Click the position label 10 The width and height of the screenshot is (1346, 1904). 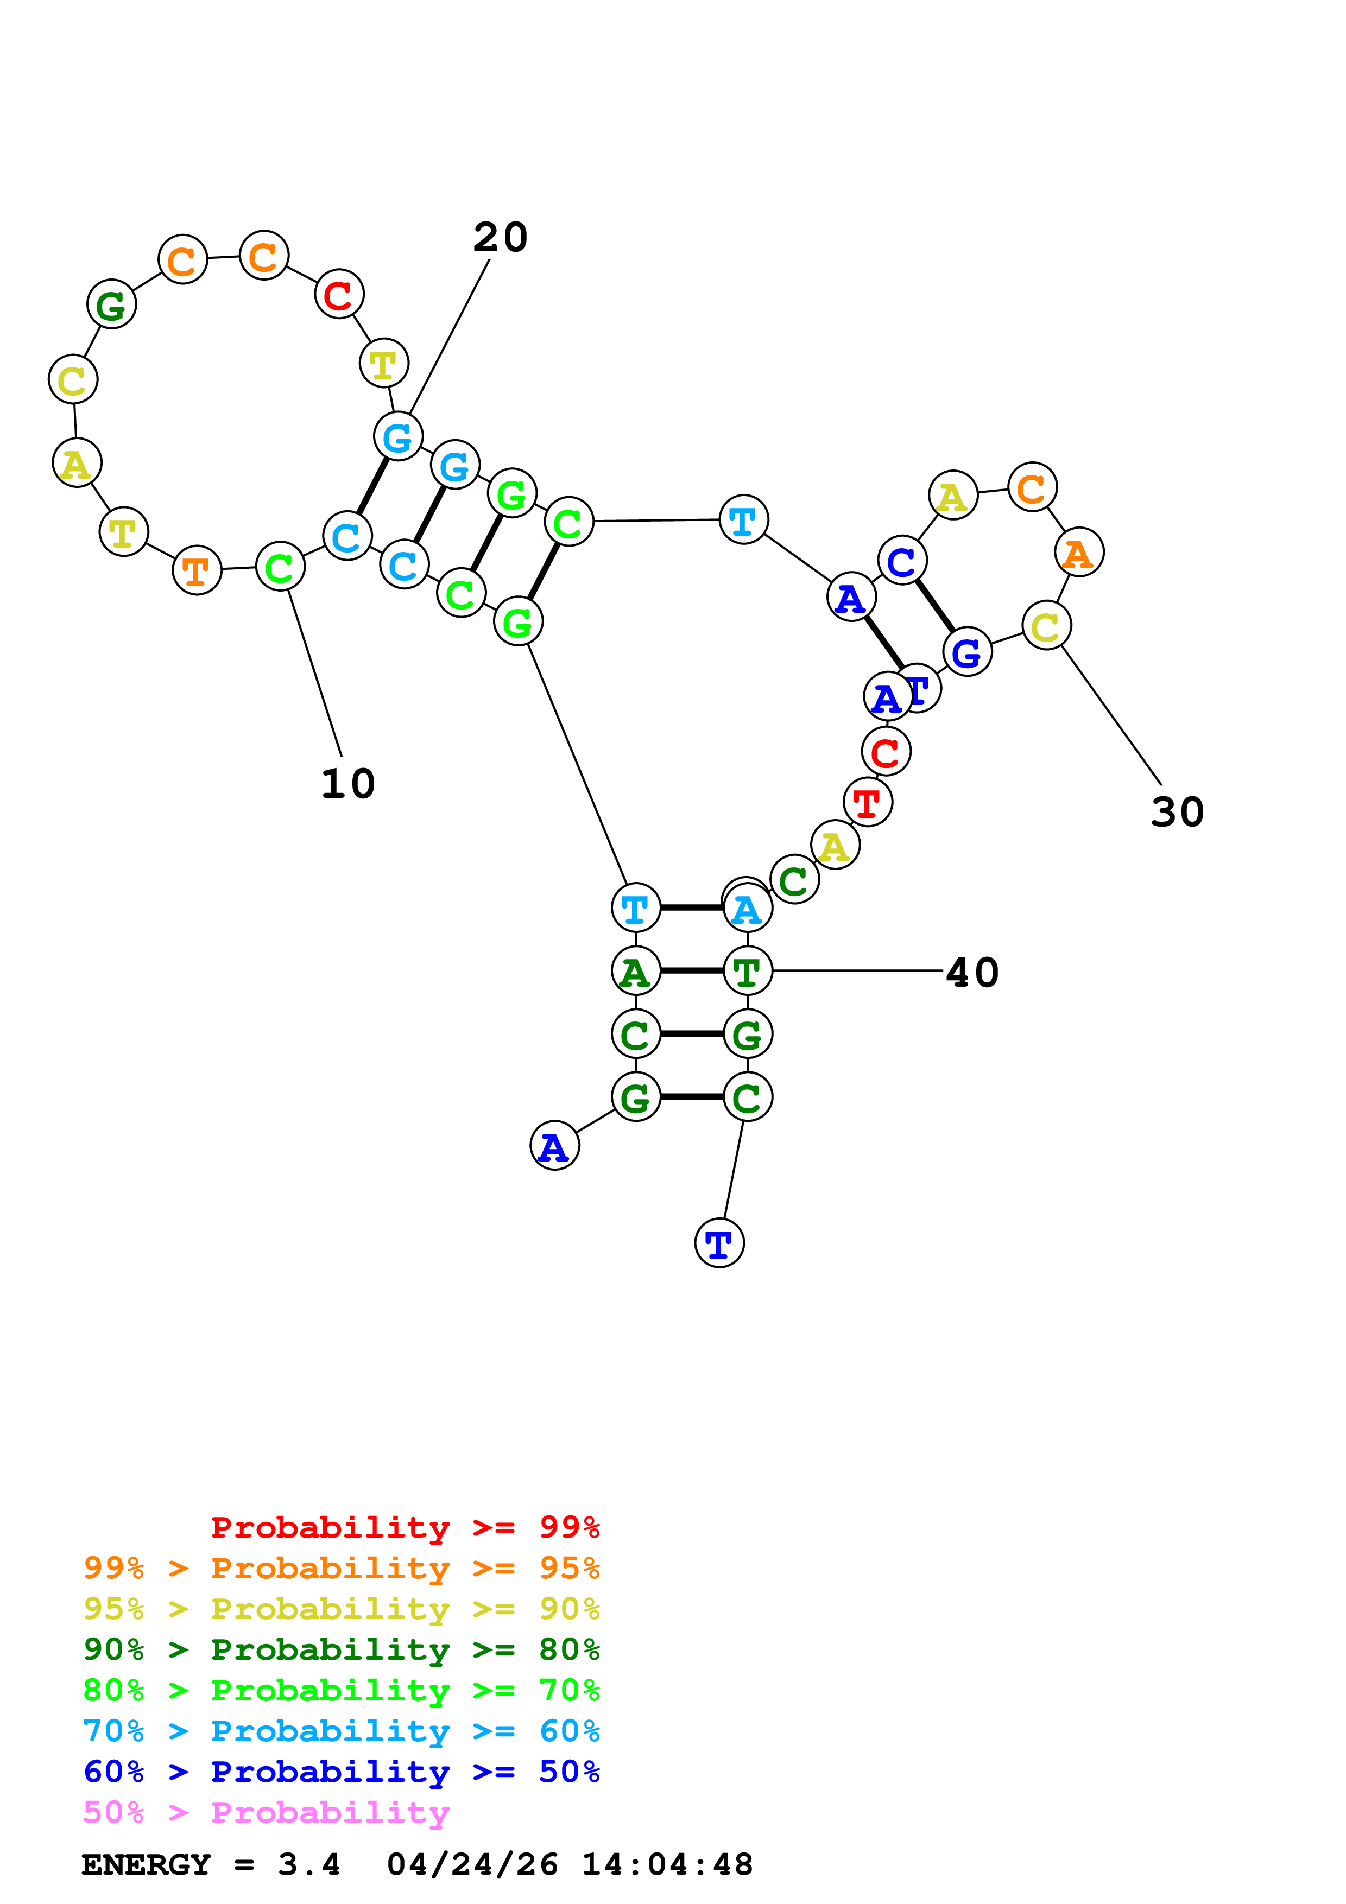pos(347,784)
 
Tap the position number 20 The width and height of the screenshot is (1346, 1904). pos(500,238)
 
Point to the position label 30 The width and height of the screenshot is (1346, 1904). pos(1177,812)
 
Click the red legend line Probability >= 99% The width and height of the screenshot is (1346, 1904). pos(405,1527)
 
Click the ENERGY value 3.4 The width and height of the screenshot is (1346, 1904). pos(308,1864)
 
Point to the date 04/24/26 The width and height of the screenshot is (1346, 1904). pos(472,1864)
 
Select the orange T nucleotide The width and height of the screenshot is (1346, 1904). pos(197,570)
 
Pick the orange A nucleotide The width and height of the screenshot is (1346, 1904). pos(1079,553)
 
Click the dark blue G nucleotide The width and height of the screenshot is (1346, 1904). pos(967,652)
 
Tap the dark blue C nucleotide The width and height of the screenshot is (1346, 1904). pos(901,561)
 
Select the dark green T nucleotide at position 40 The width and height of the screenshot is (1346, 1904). pos(747,971)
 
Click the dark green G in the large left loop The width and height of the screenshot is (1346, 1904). pos(111,304)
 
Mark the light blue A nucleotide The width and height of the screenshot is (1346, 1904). pos(747,908)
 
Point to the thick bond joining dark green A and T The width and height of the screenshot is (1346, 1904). pos(692,971)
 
